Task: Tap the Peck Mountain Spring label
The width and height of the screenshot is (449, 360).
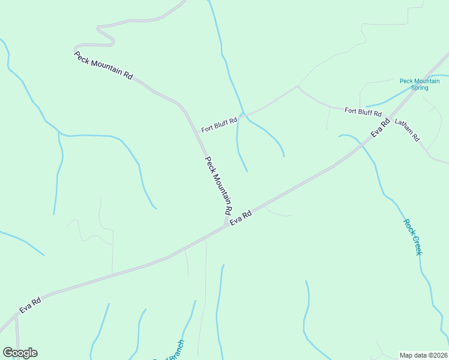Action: (x=420, y=84)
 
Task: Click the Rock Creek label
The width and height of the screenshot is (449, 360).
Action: (x=414, y=237)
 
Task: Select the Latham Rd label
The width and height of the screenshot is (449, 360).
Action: (x=407, y=130)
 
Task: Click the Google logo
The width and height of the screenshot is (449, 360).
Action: (x=20, y=353)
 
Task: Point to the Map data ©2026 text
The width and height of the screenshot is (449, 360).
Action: (x=423, y=355)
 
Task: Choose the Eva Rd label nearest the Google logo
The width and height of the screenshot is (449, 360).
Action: (x=30, y=305)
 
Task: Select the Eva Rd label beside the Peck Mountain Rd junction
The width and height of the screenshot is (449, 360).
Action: (x=240, y=218)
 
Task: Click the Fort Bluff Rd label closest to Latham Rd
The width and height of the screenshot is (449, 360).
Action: (x=363, y=112)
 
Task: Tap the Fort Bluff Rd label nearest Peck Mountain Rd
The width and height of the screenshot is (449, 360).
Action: (x=219, y=125)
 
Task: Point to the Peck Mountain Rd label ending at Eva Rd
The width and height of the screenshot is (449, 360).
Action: (x=218, y=186)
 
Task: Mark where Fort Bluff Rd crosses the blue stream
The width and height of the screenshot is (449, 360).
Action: (x=242, y=113)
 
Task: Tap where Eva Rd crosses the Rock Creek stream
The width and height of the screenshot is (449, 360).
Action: (x=361, y=144)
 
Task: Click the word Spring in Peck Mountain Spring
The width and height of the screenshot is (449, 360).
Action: (x=420, y=88)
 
